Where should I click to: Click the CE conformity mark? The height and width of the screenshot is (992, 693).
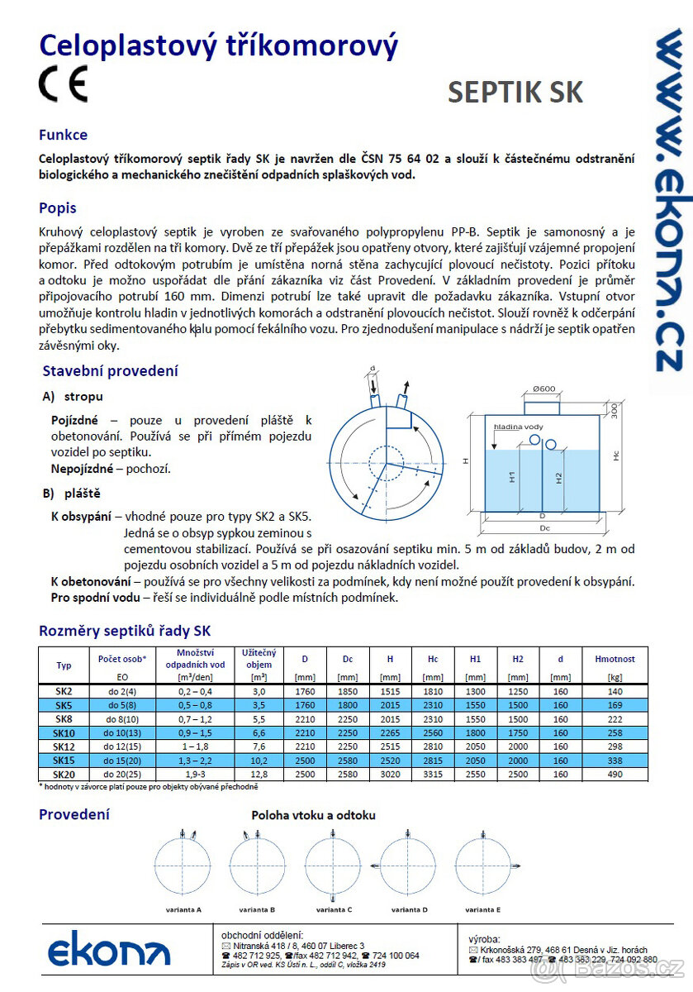[62, 83]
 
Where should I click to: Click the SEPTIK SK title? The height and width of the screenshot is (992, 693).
[515, 93]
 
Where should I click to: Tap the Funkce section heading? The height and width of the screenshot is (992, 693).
[63, 135]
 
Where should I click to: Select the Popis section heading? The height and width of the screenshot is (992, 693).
[58, 207]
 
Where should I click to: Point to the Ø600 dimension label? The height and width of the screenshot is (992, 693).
[543, 389]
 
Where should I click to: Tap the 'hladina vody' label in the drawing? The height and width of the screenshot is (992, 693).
[519, 426]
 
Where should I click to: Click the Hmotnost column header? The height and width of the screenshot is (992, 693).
[615, 659]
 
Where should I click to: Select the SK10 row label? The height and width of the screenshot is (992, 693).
[64, 733]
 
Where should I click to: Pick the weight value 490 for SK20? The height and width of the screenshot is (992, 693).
[615, 775]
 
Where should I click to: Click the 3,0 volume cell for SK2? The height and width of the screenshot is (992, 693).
[259, 691]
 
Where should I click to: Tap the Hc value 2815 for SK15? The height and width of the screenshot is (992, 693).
[433, 761]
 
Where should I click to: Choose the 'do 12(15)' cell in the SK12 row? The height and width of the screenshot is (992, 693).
[122, 747]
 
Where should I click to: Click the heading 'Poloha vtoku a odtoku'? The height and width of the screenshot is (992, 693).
[313, 815]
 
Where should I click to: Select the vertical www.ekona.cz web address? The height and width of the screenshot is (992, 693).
[668, 198]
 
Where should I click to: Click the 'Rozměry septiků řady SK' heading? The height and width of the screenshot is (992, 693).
[125, 631]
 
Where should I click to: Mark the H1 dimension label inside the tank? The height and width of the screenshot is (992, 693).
[512, 478]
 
